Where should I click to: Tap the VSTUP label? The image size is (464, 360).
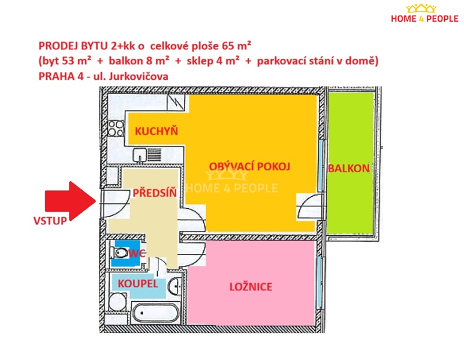point(50,220)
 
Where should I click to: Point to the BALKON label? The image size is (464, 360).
point(348,169)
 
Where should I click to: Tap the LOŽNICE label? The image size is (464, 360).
point(251,287)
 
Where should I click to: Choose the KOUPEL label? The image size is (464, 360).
point(137,283)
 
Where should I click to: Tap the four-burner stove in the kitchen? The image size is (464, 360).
point(116,127)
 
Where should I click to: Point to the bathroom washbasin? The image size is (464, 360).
point(174,286)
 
